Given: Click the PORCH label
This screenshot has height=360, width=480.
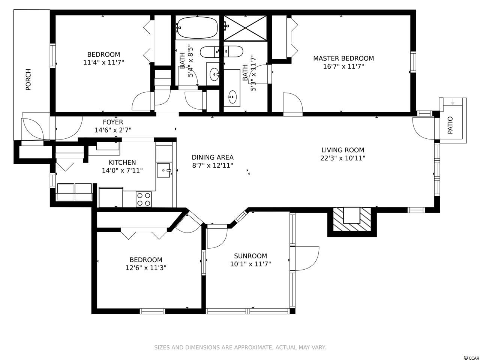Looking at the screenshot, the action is tap(28, 79).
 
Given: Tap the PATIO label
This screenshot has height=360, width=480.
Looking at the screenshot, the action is tap(450, 125).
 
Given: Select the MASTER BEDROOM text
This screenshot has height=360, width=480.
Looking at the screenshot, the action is tap(343, 58).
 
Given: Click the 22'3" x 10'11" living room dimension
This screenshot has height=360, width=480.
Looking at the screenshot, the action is tap(343, 158).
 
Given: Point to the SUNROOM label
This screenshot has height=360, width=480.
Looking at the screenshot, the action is tap(250, 256).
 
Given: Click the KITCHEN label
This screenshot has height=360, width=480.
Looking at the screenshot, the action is tap(122, 162).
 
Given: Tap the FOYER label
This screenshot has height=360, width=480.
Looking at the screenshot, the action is tap(113, 122).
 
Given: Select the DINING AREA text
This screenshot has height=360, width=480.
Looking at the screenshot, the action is tap(213, 157).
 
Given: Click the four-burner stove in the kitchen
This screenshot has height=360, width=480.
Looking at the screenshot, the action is tap(144, 199).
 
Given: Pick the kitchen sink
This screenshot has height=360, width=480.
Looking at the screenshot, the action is tap(163, 170).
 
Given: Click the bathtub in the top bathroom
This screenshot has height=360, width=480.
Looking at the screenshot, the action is tap(197, 28).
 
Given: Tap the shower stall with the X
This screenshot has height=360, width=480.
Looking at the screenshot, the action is tap(245, 28).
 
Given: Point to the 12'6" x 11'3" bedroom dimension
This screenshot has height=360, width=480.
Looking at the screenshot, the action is tap(146, 268).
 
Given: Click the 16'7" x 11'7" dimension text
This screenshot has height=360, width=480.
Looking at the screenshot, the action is tap(343, 66).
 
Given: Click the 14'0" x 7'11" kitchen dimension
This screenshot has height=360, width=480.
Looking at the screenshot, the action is tap(122, 171).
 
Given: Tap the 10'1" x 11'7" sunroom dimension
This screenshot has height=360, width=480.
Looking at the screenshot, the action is tap(250, 264).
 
